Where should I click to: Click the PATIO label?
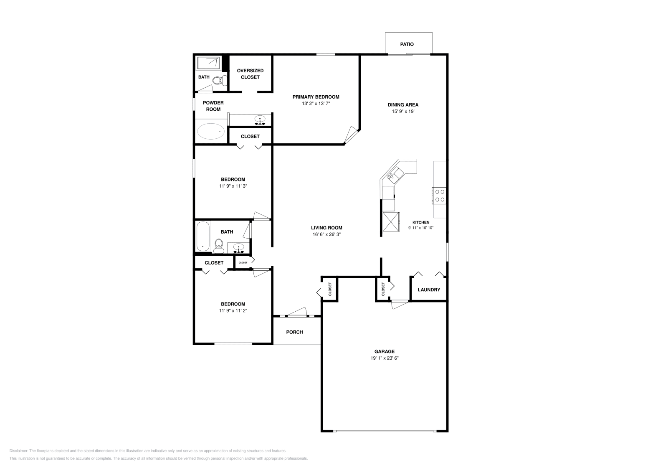click(407, 44)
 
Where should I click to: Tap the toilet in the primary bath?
click(219, 80)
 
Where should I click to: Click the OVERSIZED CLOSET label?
click(250, 74)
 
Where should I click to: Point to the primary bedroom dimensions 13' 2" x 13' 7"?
click(316, 104)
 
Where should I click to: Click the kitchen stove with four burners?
click(440, 195)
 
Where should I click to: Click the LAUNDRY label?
click(429, 290)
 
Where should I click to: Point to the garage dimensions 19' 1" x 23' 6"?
click(384, 358)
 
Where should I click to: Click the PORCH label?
click(294, 332)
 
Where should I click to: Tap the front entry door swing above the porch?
click(298, 312)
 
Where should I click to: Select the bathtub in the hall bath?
click(203, 237)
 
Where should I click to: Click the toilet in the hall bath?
click(219, 246)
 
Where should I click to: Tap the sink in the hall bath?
click(239, 248)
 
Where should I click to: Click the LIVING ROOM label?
click(326, 228)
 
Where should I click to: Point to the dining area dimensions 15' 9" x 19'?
click(403, 112)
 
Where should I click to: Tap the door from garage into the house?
click(399, 305)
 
